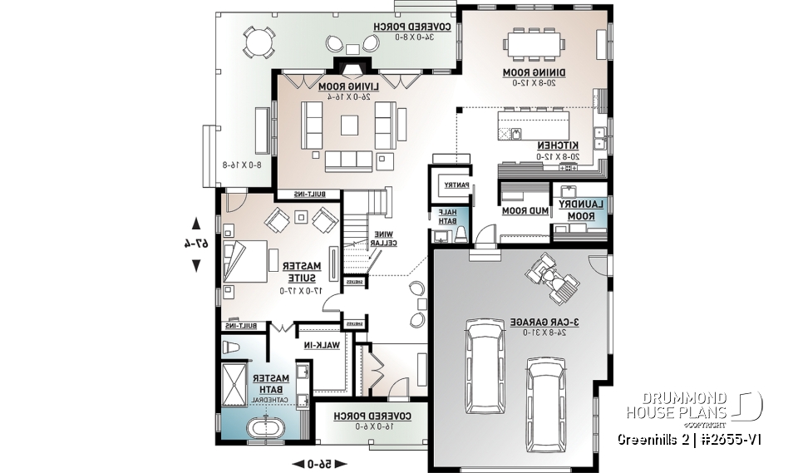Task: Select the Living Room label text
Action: click(x=347, y=86)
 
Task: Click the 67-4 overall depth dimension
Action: click(x=196, y=244)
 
